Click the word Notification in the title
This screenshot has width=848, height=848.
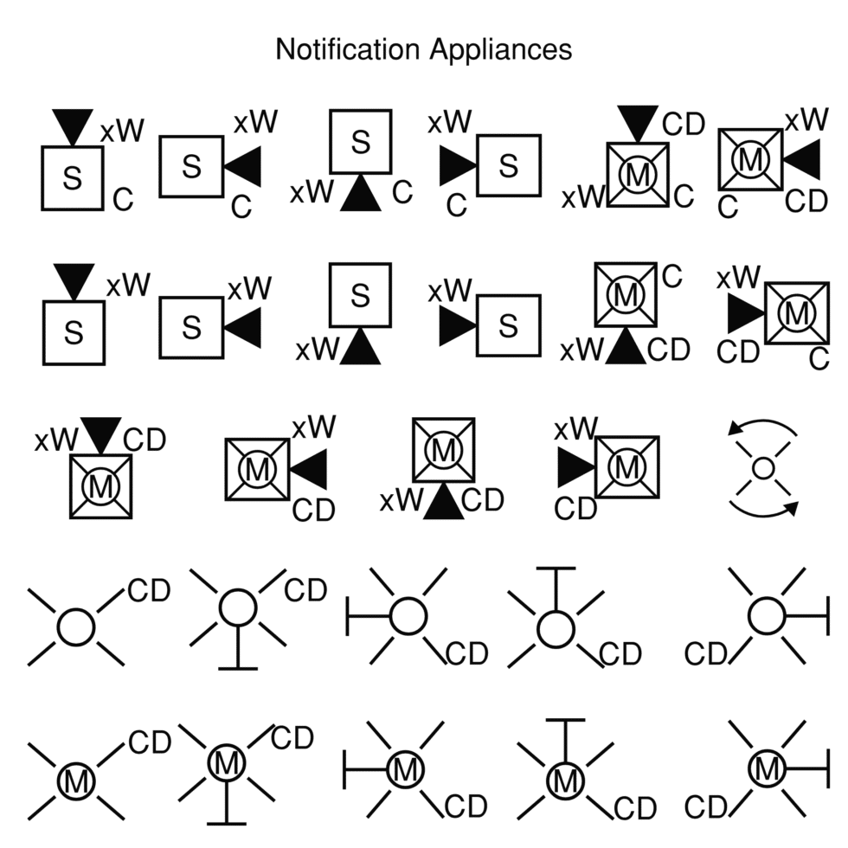tap(348, 49)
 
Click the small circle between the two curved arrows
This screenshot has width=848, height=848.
tap(762, 468)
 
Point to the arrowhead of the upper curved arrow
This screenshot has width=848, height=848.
tap(736, 427)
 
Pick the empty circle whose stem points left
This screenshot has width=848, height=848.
tap(408, 617)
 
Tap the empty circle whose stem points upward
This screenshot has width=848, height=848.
tap(555, 629)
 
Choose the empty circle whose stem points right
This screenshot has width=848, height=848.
tap(766, 617)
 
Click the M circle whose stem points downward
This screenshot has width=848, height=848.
tap(226, 763)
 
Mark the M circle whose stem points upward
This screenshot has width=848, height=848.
tap(566, 781)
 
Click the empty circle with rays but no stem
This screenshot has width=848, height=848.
tap(75, 626)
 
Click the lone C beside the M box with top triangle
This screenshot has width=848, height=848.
tap(684, 196)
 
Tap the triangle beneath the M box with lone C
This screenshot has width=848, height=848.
tap(624, 347)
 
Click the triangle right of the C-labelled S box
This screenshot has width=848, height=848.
tap(242, 165)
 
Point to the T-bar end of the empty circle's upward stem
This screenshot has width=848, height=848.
tap(555, 569)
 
